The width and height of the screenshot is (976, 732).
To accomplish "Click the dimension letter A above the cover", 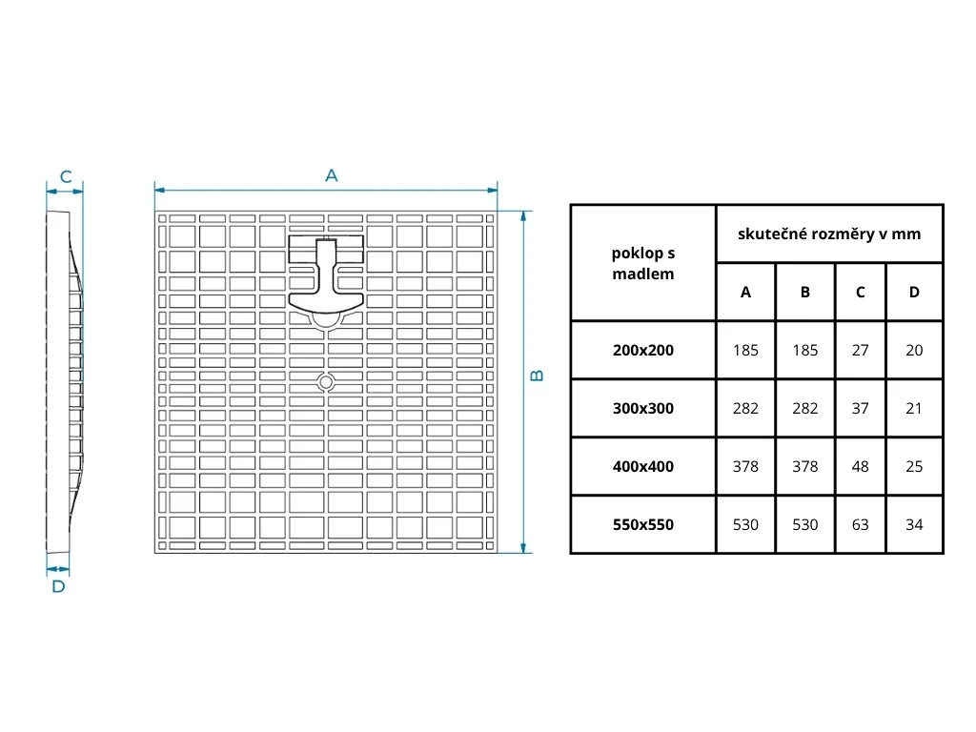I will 332,175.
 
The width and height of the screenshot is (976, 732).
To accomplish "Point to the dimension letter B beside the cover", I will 538,376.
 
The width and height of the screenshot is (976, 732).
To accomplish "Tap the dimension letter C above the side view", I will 66,176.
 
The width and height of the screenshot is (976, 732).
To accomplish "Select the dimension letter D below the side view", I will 58,586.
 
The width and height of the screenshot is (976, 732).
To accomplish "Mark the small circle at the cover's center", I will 326,382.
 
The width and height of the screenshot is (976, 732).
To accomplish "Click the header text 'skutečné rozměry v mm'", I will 829,234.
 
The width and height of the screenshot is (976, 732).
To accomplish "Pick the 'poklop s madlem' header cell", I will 643,263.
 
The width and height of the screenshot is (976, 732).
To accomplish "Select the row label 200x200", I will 643,350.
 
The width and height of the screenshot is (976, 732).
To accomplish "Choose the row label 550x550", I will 643,524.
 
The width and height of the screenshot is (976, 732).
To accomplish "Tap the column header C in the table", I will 861,292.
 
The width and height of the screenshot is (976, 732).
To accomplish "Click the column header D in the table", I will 914,292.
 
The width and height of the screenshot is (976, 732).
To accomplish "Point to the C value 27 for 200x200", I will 861,350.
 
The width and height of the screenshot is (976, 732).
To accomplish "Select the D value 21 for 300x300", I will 914,408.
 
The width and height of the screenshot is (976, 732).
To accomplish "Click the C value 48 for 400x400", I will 861,466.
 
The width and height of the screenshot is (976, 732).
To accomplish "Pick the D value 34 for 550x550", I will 914,524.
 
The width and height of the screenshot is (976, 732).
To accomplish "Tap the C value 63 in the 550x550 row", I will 861,524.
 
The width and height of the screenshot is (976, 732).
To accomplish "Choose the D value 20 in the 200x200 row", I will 914,350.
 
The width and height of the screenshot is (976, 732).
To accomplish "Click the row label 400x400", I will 643,466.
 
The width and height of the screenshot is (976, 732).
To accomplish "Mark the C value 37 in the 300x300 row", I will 861,408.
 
